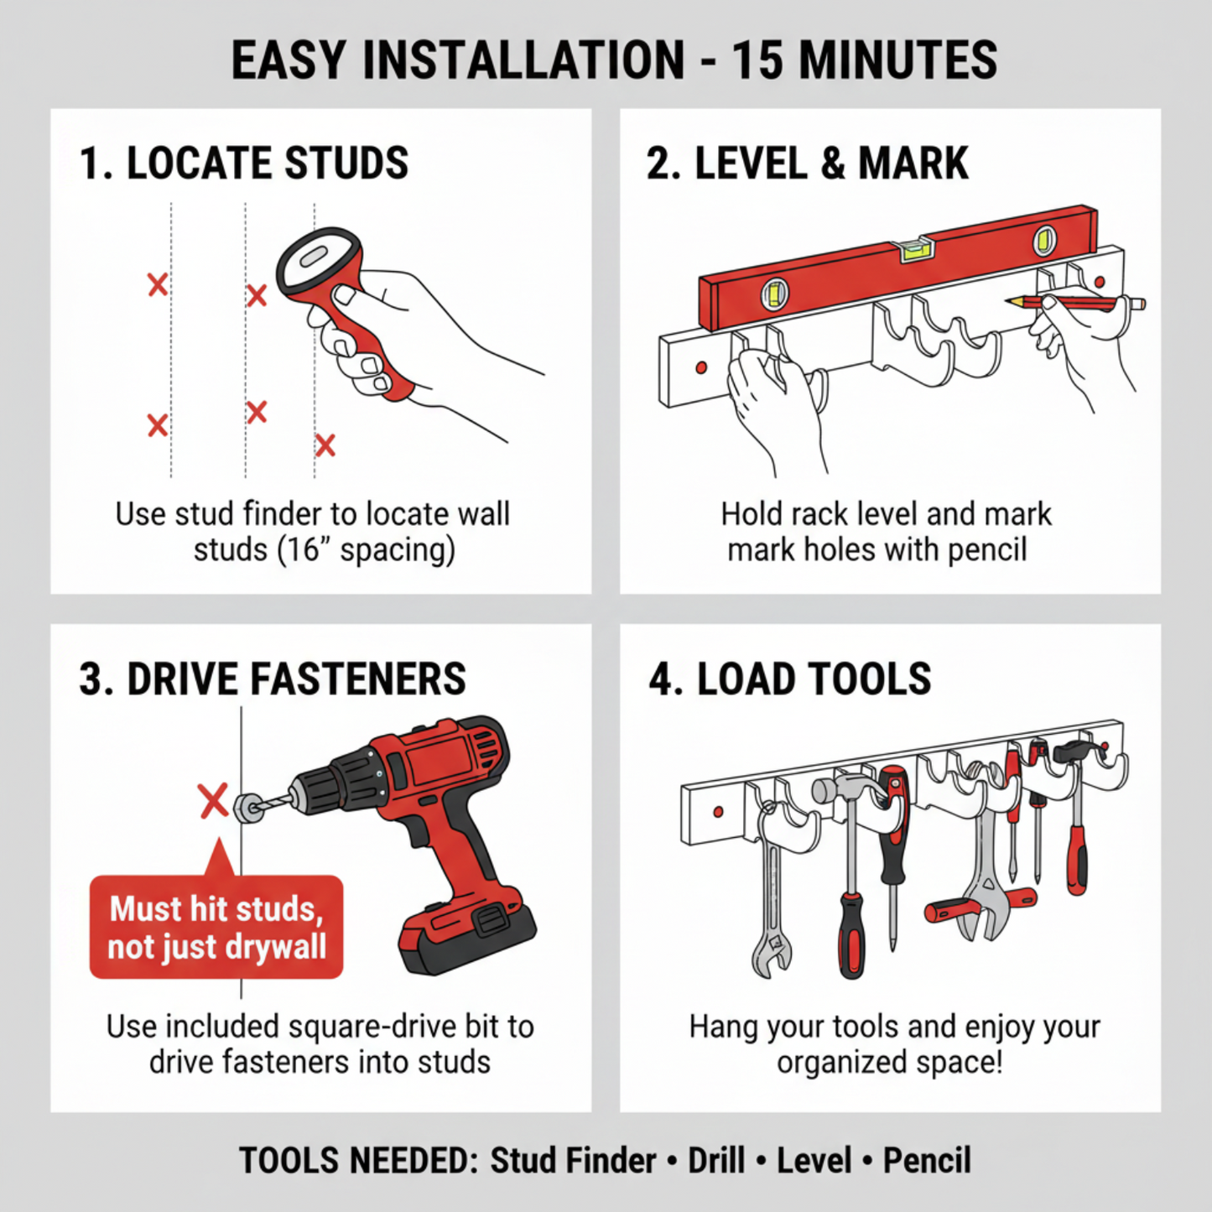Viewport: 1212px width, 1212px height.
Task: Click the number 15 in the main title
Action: coord(758,60)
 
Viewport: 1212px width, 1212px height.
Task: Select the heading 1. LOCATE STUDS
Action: coord(243,163)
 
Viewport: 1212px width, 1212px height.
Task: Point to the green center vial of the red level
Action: coord(916,248)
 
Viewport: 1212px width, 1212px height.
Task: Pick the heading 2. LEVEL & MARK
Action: coord(807,163)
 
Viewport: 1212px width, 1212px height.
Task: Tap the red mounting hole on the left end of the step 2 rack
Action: coord(701,367)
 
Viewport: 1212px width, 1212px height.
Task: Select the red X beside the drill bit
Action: coord(214,800)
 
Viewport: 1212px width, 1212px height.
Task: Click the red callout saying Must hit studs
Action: coord(216,928)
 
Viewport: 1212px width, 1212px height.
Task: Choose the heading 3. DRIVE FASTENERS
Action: coord(272,679)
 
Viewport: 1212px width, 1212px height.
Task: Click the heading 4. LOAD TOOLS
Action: coord(789,679)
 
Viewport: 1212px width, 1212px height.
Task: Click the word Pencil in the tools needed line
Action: coord(927,1161)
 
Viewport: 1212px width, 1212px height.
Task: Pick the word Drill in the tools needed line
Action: coord(716,1161)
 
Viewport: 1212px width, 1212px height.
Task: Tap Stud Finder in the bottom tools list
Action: coord(573,1161)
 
